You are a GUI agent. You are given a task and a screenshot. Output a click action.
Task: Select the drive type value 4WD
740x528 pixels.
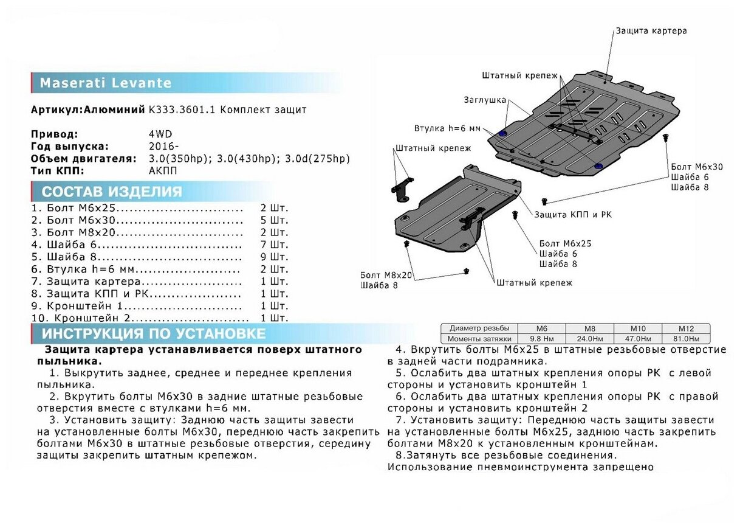coord(159,134)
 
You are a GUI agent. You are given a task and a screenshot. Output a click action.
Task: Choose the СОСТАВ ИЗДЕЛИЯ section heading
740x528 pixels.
coord(112,192)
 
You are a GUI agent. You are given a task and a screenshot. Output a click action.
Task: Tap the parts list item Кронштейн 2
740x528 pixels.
coord(91,318)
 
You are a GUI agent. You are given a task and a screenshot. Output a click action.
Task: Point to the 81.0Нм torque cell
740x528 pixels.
coord(687,338)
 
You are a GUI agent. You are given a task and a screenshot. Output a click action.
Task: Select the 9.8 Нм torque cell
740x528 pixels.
coord(541,338)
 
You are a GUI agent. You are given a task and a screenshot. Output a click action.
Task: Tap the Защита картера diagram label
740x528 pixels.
coord(651,30)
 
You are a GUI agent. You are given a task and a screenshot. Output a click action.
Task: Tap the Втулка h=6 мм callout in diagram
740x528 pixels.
coord(447,129)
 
